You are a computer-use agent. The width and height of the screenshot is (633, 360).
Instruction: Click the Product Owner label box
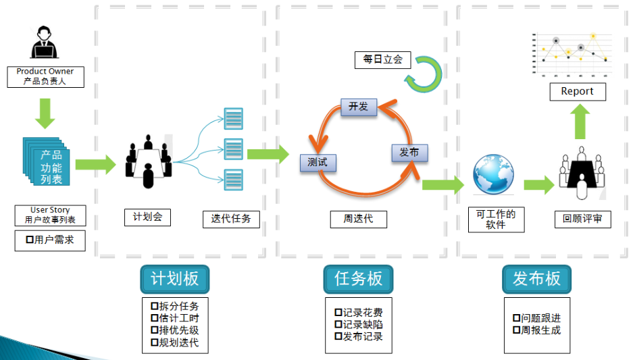click(45, 76)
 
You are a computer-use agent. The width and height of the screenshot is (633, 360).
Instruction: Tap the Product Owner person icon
click(45, 43)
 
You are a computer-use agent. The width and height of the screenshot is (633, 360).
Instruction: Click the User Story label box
click(50, 215)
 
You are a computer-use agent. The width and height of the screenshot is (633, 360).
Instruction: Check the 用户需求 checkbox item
click(50, 240)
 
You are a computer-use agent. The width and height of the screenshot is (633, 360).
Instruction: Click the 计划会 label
click(147, 217)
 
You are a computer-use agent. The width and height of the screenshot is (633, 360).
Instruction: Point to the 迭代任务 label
click(231, 219)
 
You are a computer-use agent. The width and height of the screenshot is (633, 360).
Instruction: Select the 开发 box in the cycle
click(358, 106)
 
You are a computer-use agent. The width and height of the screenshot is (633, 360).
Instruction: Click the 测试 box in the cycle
click(318, 162)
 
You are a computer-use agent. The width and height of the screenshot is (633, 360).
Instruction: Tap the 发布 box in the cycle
click(409, 153)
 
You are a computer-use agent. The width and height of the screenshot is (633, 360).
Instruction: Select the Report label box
click(577, 91)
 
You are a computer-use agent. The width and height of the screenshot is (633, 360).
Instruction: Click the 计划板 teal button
click(174, 279)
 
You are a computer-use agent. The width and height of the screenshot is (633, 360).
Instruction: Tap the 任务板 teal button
click(358, 279)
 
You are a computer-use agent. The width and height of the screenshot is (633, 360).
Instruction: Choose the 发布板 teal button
click(536, 279)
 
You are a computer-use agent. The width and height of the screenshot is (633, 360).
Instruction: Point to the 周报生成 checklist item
click(536, 330)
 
